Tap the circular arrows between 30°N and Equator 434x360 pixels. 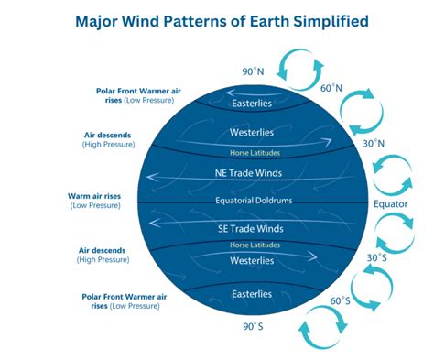point(396,172)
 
